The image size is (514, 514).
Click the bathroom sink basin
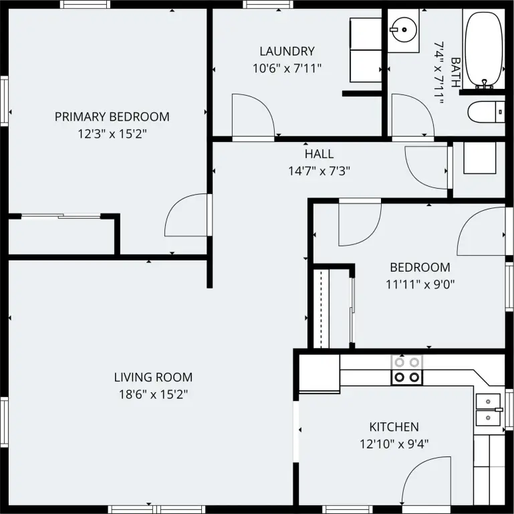coord(404,29)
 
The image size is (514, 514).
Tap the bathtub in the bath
coord(484,50)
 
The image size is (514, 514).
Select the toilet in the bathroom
coord(486,112)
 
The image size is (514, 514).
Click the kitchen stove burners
coord(406,370)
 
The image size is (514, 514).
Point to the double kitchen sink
coord(488,410)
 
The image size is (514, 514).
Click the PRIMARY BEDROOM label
coord(112,117)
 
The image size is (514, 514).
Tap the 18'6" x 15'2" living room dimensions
coord(154,394)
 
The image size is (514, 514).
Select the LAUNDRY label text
coord(287,52)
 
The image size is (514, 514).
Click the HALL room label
coord(319,154)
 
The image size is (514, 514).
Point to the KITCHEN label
coord(394,427)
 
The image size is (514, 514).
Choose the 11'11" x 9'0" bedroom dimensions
coord(420,284)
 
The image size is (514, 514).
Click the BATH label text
coord(456,72)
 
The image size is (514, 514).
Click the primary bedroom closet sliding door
coord(61,216)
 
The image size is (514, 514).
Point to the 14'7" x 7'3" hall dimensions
coord(319,171)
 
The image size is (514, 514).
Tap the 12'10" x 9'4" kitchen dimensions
coord(394,444)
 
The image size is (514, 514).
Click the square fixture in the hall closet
coord(480,158)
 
